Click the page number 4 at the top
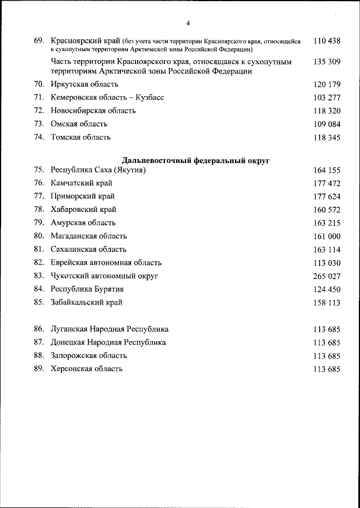188,23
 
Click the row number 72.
39,111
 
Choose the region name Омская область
79,124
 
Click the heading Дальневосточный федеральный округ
196,161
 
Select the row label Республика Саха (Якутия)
98,170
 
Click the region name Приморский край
83,196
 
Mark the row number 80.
39,236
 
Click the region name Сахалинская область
88,249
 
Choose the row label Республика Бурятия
87,289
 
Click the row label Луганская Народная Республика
110,329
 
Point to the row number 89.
39,369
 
